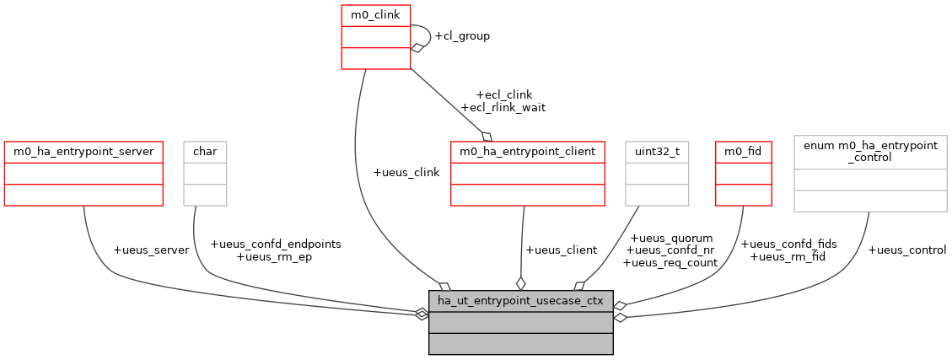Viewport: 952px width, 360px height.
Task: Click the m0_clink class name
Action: tap(375, 14)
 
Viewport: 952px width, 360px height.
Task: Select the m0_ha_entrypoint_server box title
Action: tap(83, 152)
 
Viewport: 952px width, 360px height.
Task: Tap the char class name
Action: tap(206, 152)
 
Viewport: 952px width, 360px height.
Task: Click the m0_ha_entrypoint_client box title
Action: tap(528, 152)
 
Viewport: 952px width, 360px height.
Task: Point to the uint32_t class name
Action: tap(657, 152)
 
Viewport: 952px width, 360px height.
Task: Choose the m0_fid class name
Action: tap(743, 152)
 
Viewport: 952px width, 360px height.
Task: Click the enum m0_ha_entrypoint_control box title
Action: tap(870, 152)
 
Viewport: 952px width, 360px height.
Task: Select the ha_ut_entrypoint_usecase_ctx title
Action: tap(520, 301)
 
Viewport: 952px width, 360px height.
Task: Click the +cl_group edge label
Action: tap(461, 36)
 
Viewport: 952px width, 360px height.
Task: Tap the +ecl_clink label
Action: tap(504, 94)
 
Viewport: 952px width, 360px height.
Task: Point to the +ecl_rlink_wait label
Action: tap(503, 107)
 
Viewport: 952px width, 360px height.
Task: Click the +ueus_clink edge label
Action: tap(406, 172)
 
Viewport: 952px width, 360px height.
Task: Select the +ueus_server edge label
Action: tap(151, 250)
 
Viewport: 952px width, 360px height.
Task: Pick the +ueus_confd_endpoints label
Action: tap(275, 244)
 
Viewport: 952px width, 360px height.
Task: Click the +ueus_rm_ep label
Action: tap(275, 256)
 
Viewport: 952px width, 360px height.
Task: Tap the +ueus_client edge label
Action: tap(561, 250)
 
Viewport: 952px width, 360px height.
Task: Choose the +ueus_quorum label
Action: tap(671, 238)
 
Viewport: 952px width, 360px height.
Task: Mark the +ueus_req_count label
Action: tap(670, 262)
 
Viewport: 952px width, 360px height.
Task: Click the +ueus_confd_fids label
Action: tap(788, 244)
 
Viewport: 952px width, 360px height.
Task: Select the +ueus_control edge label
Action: tap(906, 250)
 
